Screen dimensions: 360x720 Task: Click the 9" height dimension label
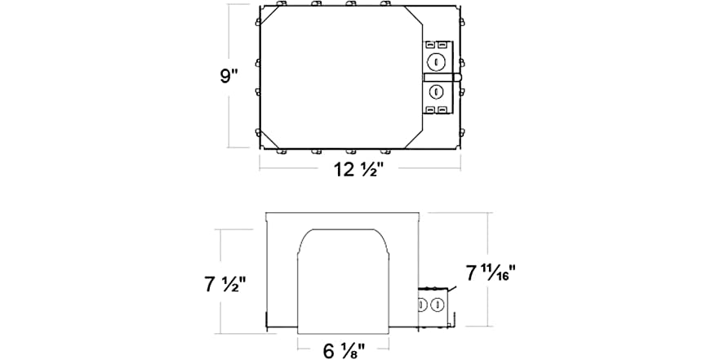click(x=229, y=78)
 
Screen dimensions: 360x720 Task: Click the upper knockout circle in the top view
click(x=437, y=61)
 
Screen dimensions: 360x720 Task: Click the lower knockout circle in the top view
click(x=437, y=91)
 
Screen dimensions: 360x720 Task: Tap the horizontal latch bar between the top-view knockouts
click(x=441, y=76)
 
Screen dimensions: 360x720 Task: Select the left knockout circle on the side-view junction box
click(x=424, y=304)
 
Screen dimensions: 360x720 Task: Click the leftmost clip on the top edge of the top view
click(x=281, y=6)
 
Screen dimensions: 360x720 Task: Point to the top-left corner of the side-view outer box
click(x=266, y=213)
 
